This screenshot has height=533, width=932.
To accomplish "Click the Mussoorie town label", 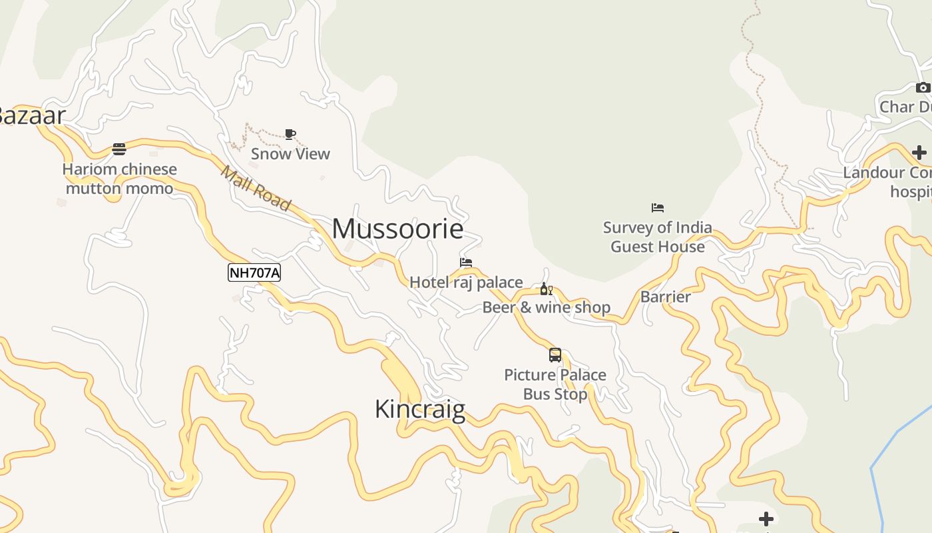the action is (397, 229).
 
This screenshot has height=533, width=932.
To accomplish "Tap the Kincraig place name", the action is (419, 408).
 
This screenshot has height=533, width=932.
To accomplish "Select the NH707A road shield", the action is (254, 272).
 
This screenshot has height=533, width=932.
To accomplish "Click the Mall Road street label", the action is (256, 188).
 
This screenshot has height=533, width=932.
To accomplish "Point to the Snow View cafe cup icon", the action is (290, 134).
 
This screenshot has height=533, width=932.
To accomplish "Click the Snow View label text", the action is (290, 154).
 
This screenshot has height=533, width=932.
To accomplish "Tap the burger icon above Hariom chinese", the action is (119, 149).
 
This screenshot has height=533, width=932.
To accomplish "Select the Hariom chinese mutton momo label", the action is (120, 179).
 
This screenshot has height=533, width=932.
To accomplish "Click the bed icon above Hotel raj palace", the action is (466, 263).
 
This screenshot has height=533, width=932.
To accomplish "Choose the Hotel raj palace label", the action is (466, 282).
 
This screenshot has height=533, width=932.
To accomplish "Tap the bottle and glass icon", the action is (546, 288).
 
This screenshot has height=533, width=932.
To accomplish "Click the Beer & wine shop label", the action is (546, 307).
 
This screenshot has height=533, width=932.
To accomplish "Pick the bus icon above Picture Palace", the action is (555, 355).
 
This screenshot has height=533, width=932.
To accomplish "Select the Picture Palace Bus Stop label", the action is (555, 384).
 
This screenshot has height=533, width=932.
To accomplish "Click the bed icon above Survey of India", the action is (658, 208).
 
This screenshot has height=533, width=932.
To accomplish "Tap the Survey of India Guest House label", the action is (658, 237).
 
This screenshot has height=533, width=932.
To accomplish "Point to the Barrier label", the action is (665, 297).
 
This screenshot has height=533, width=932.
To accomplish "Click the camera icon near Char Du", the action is (923, 87).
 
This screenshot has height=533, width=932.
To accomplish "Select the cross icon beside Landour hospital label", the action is (919, 153).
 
